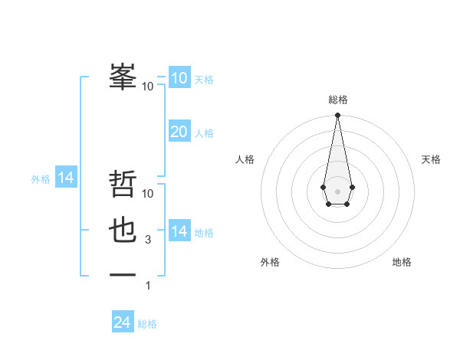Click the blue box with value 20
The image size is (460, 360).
pos(179,132)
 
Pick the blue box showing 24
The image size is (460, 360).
pos(122,322)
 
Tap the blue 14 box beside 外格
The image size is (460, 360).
pos(66,178)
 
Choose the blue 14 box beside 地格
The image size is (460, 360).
pos(179,231)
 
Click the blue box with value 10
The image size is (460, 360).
pos(179,78)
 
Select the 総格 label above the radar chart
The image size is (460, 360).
pos(337,100)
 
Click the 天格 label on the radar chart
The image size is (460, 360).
pos(431,159)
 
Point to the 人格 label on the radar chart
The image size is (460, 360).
pos(245,159)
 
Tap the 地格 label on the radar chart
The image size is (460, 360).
pos(402,262)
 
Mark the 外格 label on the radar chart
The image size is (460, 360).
pos(270,262)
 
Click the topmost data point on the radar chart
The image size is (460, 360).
pos(337,116)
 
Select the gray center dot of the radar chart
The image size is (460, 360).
pos(337,190)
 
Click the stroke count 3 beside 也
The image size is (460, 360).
pos(147,240)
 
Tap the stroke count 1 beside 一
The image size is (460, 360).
pos(148,286)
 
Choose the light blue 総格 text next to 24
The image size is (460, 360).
pos(147,324)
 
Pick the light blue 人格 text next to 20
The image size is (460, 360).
pos(204,133)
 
